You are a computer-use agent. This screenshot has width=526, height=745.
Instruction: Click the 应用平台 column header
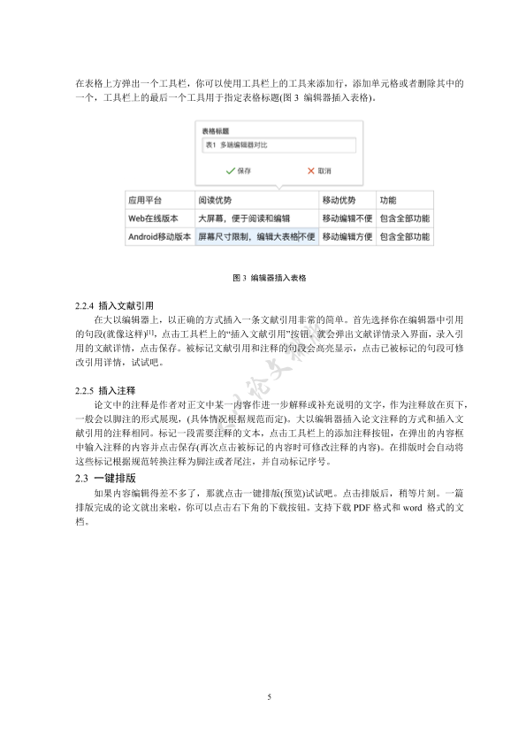pyautogui.click(x=145, y=201)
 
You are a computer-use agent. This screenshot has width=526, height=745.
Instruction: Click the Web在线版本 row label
pyautogui.click(x=154, y=219)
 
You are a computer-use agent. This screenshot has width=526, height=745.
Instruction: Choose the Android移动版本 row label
pyautogui.click(x=160, y=237)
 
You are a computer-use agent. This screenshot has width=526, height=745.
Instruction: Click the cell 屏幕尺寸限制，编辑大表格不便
pyautogui.click(x=256, y=237)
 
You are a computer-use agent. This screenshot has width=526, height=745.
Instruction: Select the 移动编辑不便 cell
pyautogui.click(x=347, y=219)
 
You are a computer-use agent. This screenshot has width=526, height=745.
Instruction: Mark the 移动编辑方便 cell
pyautogui.click(x=347, y=237)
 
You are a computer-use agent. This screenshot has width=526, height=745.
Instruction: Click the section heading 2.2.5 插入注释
pyautogui.click(x=105, y=389)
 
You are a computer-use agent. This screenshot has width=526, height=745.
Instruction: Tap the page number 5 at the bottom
pyautogui.click(x=269, y=698)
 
